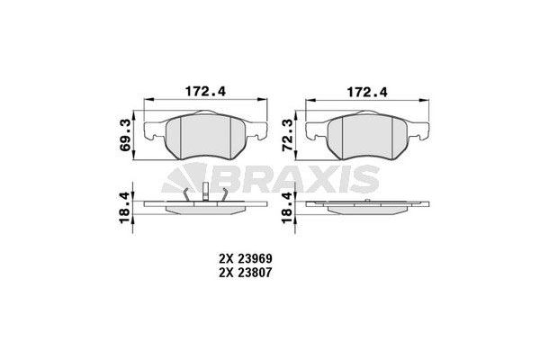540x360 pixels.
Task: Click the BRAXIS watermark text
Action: tap(301, 181)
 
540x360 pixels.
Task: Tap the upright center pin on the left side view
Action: tap(204, 192)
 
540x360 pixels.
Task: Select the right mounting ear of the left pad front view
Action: tap(259, 129)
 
